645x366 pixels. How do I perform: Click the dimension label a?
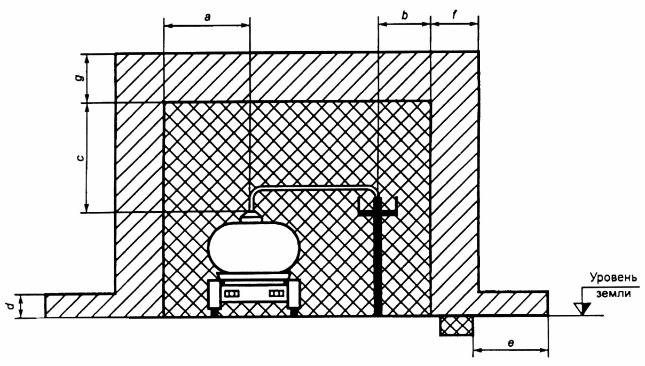207,17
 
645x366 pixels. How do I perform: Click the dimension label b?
405,15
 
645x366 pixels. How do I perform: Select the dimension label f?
455,15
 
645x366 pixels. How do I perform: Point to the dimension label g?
81,78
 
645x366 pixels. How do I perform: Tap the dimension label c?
81,158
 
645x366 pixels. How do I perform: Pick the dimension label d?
11,306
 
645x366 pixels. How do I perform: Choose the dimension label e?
511,343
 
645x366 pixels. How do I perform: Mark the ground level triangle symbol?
582,308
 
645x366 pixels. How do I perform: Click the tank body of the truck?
254,247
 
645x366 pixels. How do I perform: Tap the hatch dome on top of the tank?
251,217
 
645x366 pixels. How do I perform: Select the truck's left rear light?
232,294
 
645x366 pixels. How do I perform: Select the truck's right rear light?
277,294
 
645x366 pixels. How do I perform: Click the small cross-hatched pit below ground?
456,325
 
